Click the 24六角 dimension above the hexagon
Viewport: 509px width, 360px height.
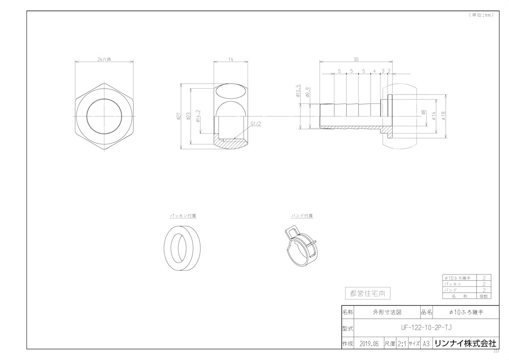point(104,59)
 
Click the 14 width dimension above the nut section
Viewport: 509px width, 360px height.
point(231,59)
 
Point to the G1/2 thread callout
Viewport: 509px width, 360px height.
point(255,124)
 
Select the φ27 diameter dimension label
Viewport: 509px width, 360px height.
point(179,116)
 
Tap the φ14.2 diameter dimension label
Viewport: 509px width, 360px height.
point(198,116)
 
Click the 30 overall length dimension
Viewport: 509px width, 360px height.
point(355,59)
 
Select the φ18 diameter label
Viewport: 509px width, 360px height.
point(443,116)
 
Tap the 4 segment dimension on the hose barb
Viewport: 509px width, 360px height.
point(375,71)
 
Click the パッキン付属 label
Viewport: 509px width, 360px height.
point(183,215)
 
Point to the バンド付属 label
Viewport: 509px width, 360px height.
point(302,215)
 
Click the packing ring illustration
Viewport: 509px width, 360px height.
point(183,248)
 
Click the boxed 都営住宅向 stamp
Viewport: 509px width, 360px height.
point(367,293)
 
